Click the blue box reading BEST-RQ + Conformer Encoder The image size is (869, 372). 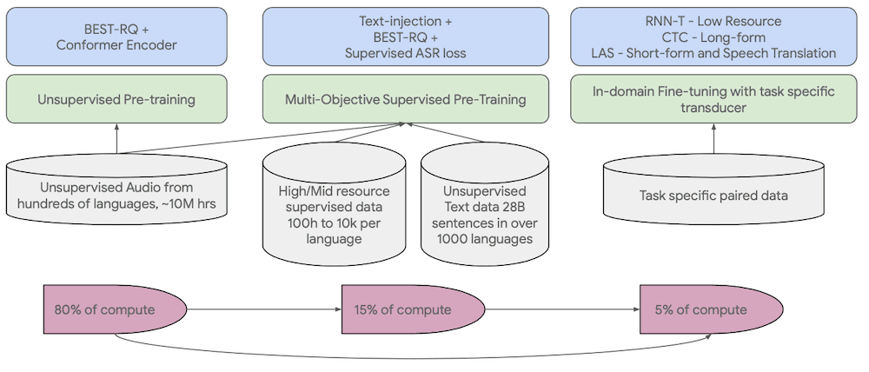tap(116, 37)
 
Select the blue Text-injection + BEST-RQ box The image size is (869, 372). tap(405, 37)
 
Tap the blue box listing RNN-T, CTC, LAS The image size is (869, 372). tap(713, 37)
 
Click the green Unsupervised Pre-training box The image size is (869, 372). tap(116, 99)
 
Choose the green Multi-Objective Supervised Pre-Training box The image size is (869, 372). tap(405, 99)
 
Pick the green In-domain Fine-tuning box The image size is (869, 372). tap(713, 99)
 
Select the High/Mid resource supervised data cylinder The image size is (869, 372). tap(334, 202)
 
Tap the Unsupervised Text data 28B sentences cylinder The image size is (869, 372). tap(484, 202)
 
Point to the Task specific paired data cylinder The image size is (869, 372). tap(713, 189)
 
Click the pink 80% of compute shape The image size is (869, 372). tap(115, 310)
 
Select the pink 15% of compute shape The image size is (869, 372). tap(414, 310)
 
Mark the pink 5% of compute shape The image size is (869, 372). tap(712, 310)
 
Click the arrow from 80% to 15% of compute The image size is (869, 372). tap(264, 309)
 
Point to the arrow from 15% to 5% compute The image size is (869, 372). tap(562, 309)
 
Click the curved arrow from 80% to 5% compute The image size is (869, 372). tap(413, 358)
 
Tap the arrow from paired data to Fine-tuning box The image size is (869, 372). tap(713, 138)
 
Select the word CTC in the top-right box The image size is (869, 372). tap(674, 37)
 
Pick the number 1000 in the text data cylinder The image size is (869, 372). tap(452, 239)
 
